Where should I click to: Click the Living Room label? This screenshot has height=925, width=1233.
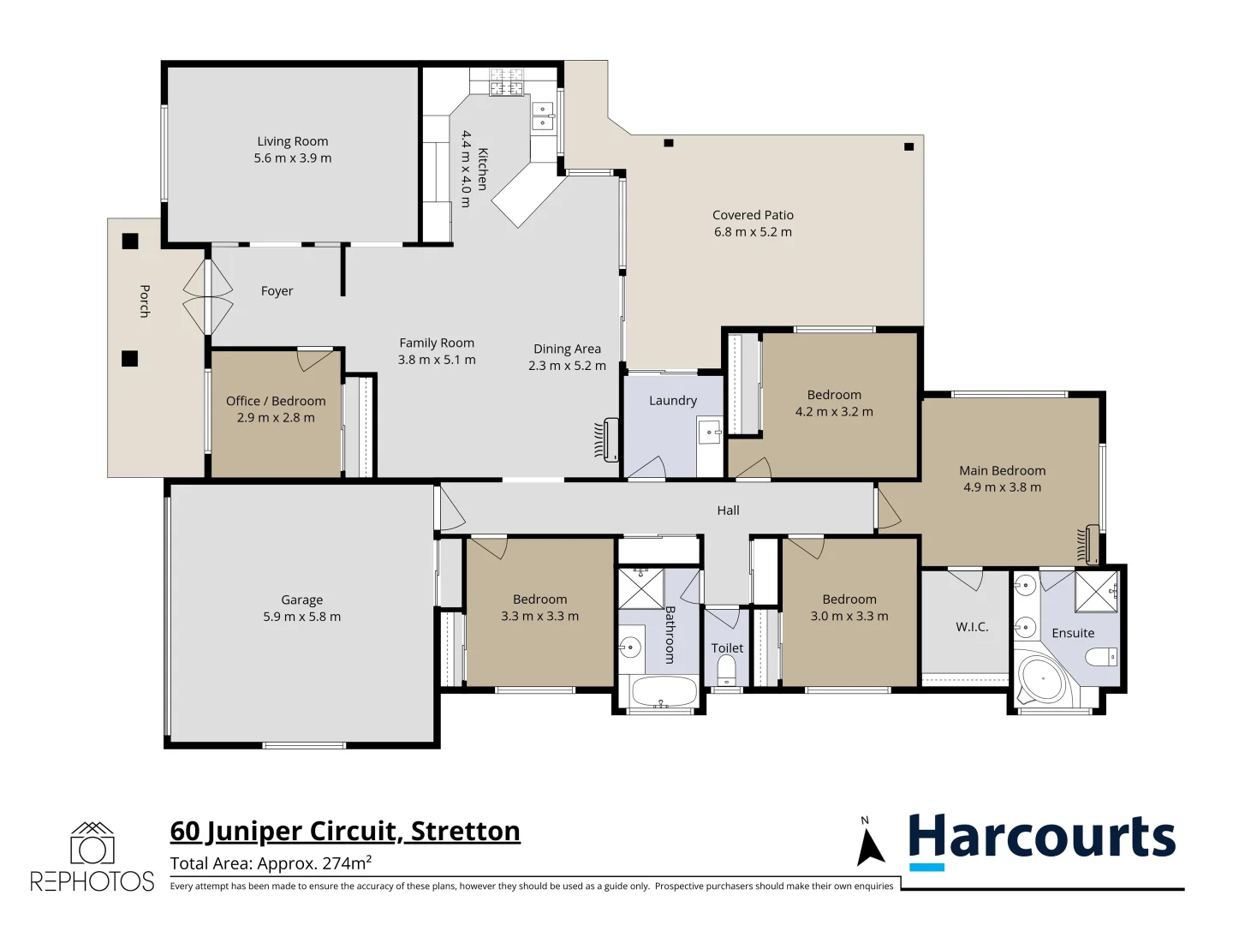tap(292, 141)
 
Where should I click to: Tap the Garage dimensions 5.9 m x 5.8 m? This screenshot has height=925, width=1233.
tap(301, 617)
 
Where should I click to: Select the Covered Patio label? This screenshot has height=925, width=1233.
tap(753, 215)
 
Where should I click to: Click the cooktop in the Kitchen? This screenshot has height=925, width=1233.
tap(506, 83)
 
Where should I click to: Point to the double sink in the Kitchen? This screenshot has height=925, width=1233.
tap(543, 116)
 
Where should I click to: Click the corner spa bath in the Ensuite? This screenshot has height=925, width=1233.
tap(1039, 681)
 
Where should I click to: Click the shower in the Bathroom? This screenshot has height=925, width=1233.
tap(641, 588)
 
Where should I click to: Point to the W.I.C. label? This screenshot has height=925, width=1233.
tap(972, 627)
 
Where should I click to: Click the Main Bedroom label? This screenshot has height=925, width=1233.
tap(1002, 470)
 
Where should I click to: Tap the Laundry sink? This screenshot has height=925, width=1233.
tap(710, 432)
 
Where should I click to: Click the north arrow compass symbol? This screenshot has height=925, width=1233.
tap(870, 844)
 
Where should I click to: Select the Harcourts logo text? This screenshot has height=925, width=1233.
tap(1041, 837)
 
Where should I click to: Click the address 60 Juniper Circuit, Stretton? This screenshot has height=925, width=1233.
tap(345, 831)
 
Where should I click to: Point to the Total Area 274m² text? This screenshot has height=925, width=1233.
tap(271, 863)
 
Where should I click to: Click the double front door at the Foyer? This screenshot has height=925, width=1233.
tap(207, 296)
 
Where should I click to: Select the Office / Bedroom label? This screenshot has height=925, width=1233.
tap(276, 401)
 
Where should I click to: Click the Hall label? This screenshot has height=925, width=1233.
tap(728, 510)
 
